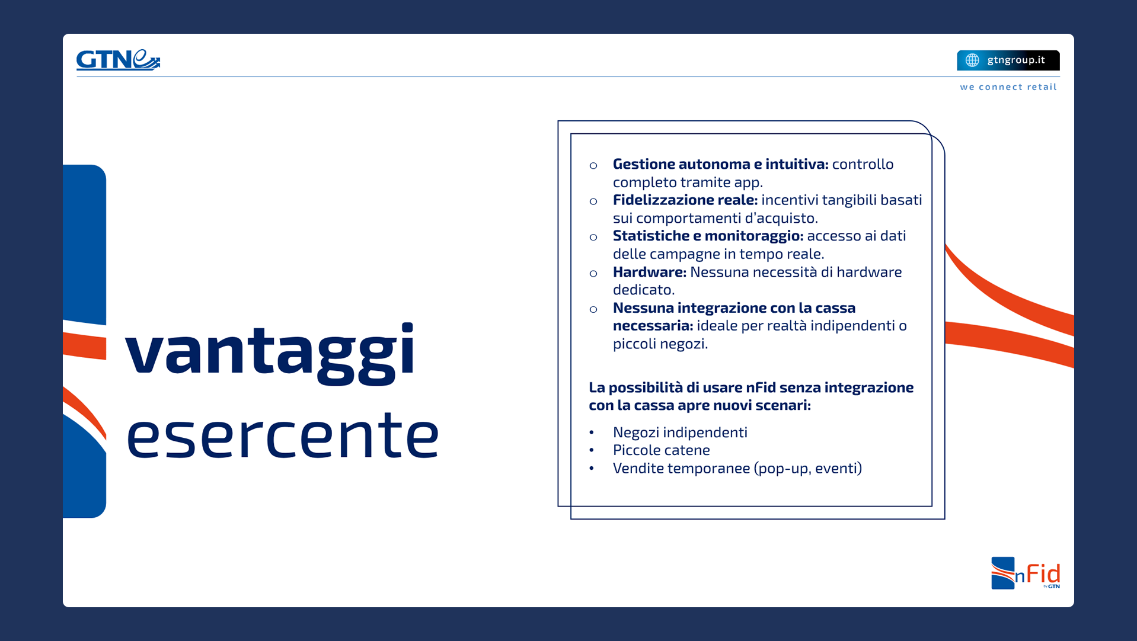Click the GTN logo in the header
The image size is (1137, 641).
point(118,60)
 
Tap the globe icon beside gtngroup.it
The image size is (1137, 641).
point(972,60)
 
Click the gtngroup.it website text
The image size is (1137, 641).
point(1016,60)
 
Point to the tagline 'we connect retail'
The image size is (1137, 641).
point(1008,87)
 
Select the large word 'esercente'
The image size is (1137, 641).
point(283,435)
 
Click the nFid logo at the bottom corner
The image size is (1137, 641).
point(1026,573)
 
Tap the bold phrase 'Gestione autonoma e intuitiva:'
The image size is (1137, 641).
point(720,164)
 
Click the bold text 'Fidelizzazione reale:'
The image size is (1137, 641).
point(685,200)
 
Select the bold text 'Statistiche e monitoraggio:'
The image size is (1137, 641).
point(708,236)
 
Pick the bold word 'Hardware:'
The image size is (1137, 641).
point(649,272)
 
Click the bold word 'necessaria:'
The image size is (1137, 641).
point(653,325)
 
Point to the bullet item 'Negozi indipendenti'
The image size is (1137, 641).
point(680,432)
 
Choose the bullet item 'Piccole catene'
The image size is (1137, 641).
point(661,450)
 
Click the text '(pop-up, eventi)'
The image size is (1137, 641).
point(808,469)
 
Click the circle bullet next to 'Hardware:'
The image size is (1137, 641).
point(593,274)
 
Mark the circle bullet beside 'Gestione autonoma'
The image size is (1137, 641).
point(593,166)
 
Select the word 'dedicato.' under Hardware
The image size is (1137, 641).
point(644,290)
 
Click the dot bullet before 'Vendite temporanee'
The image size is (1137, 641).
point(591,469)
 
